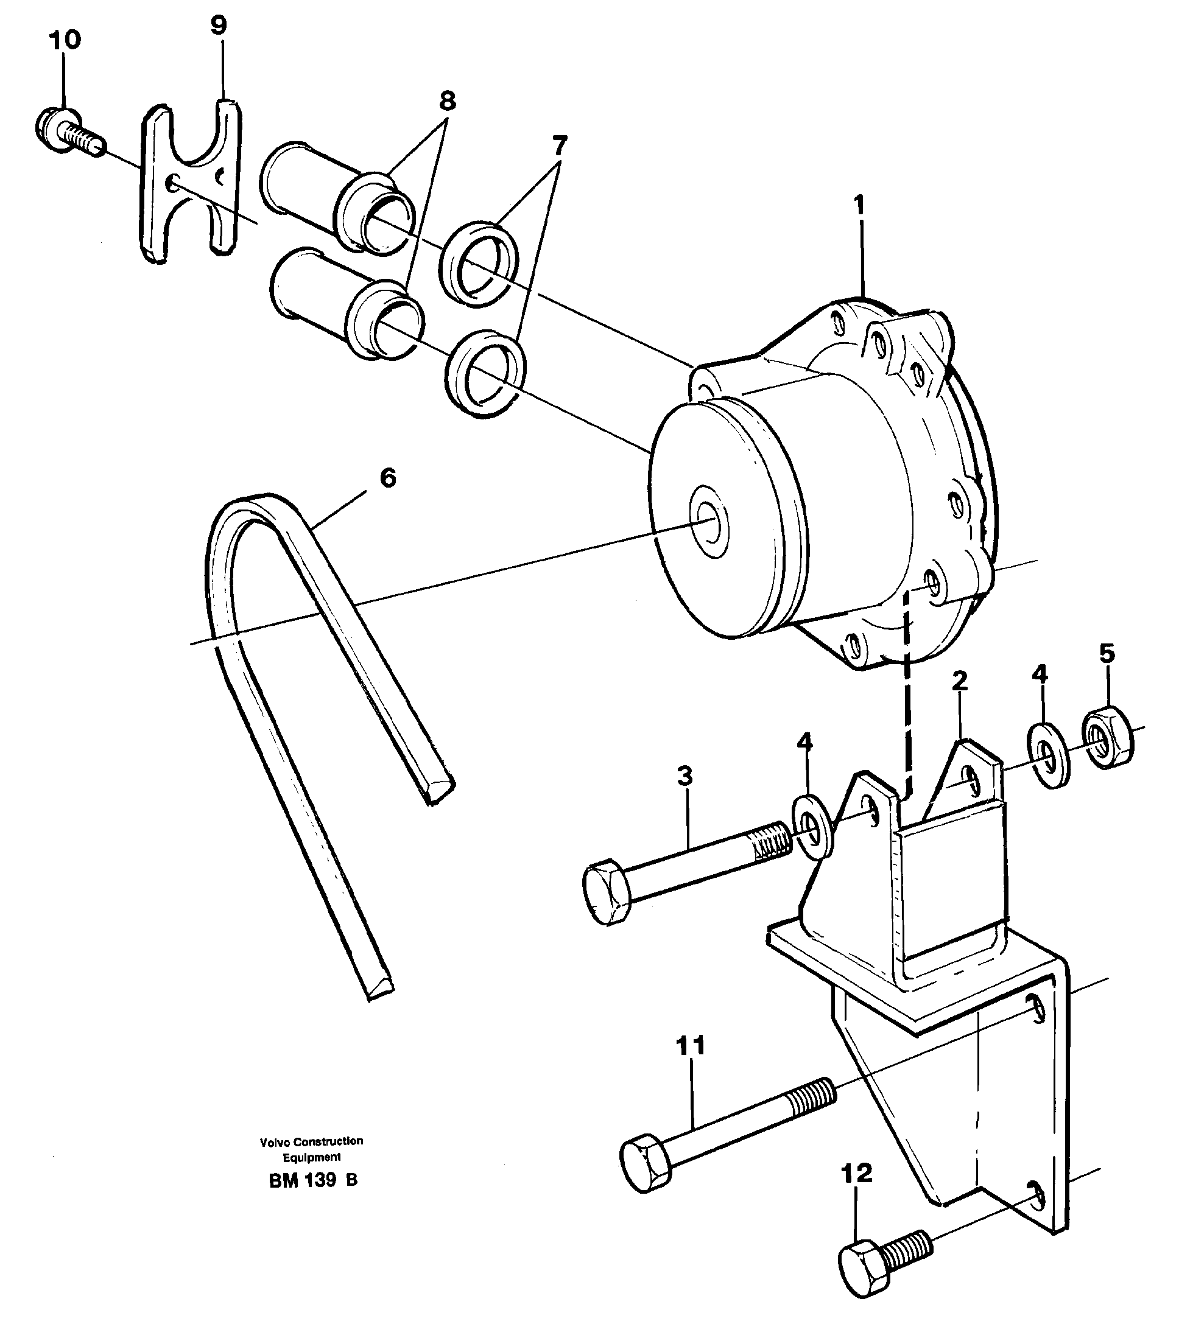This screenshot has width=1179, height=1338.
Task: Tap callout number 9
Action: (x=219, y=26)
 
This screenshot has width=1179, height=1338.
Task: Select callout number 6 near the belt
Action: (x=388, y=478)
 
